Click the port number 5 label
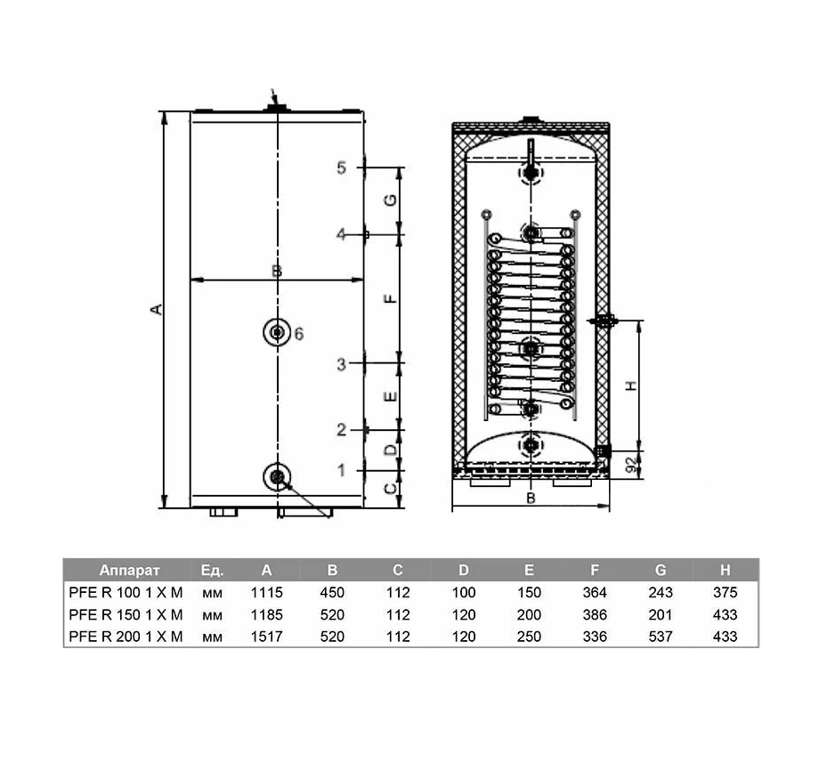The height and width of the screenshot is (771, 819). pyautogui.click(x=340, y=167)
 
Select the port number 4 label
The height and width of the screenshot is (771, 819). pyautogui.click(x=340, y=234)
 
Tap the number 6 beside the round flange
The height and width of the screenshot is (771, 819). pyautogui.click(x=299, y=334)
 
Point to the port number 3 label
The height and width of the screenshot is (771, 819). pyautogui.click(x=340, y=363)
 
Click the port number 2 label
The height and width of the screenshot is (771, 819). pyautogui.click(x=340, y=430)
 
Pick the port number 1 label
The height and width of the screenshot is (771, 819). pyautogui.click(x=340, y=469)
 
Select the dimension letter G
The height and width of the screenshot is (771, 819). pyautogui.click(x=390, y=200)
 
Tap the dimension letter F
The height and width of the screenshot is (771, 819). pyautogui.click(x=390, y=298)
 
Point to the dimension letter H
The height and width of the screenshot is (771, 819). pyautogui.click(x=631, y=385)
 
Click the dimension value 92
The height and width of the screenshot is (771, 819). pyautogui.click(x=631, y=463)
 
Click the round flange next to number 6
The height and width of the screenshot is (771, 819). pyautogui.click(x=278, y=333)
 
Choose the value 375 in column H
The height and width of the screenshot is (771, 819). pyautogui.click(x=726, y=593)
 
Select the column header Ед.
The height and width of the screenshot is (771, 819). pyautogui.click(x=212, y=571)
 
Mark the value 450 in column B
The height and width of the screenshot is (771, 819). pyautogui.click(x=332, y=593)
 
